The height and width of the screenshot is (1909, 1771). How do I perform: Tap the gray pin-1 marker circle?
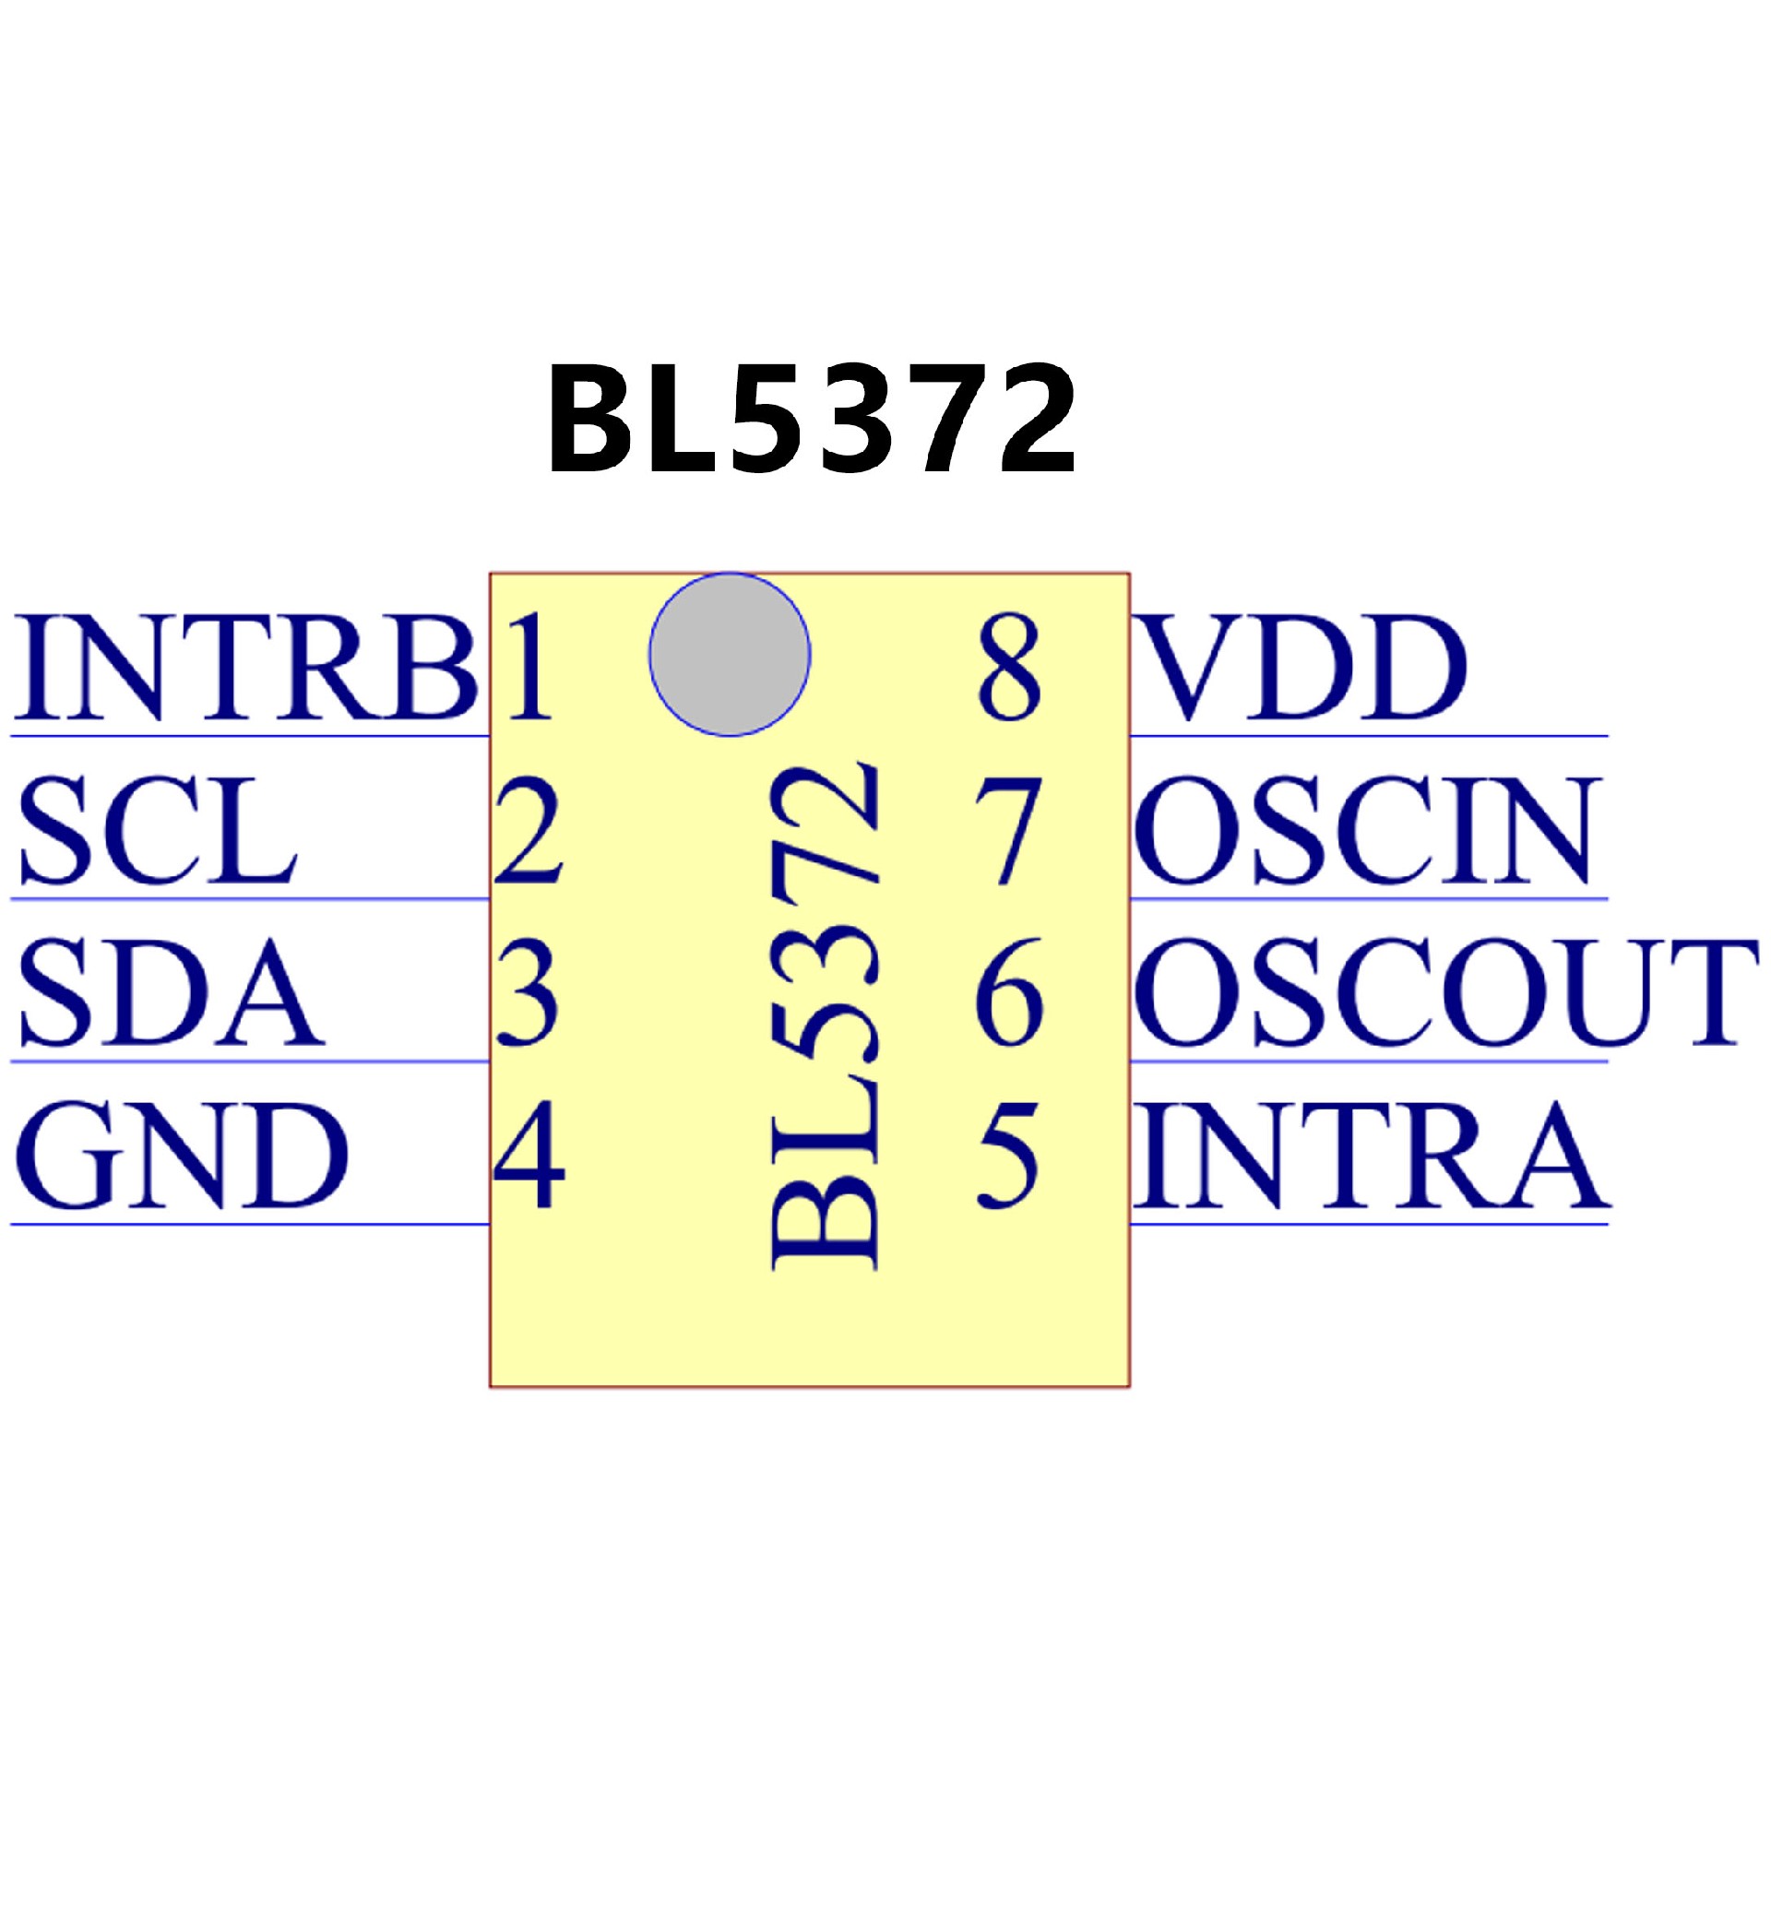730,655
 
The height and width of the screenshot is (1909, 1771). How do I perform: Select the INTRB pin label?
244,667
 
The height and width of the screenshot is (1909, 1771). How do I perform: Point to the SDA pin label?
170,993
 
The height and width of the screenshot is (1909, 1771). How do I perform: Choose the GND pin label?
181,1155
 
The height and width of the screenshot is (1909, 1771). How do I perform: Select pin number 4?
529,1155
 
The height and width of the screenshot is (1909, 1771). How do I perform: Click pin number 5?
1008,1155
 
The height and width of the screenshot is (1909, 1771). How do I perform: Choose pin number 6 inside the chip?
1008,993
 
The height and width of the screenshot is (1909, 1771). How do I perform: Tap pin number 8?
1008,667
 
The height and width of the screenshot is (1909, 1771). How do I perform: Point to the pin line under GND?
249,1224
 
